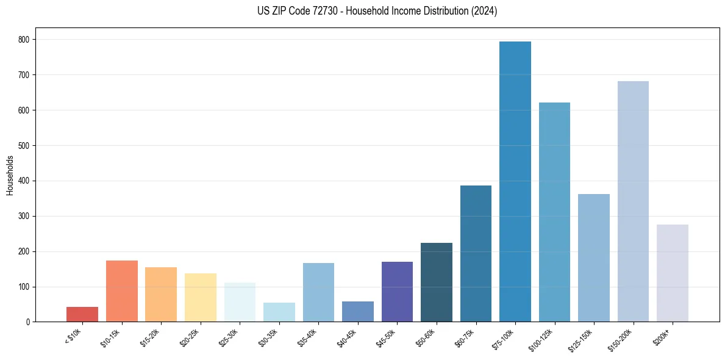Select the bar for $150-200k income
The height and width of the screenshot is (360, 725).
point(633,201)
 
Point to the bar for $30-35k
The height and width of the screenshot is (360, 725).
point(279,312)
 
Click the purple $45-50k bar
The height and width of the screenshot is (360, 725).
point(397,292)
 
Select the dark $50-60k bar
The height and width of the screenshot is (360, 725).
point(437,283)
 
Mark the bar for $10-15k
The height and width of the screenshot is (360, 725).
point(122,291)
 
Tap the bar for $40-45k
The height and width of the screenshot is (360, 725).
point(358,312)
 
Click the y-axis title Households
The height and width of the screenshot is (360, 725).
point(10,175)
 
